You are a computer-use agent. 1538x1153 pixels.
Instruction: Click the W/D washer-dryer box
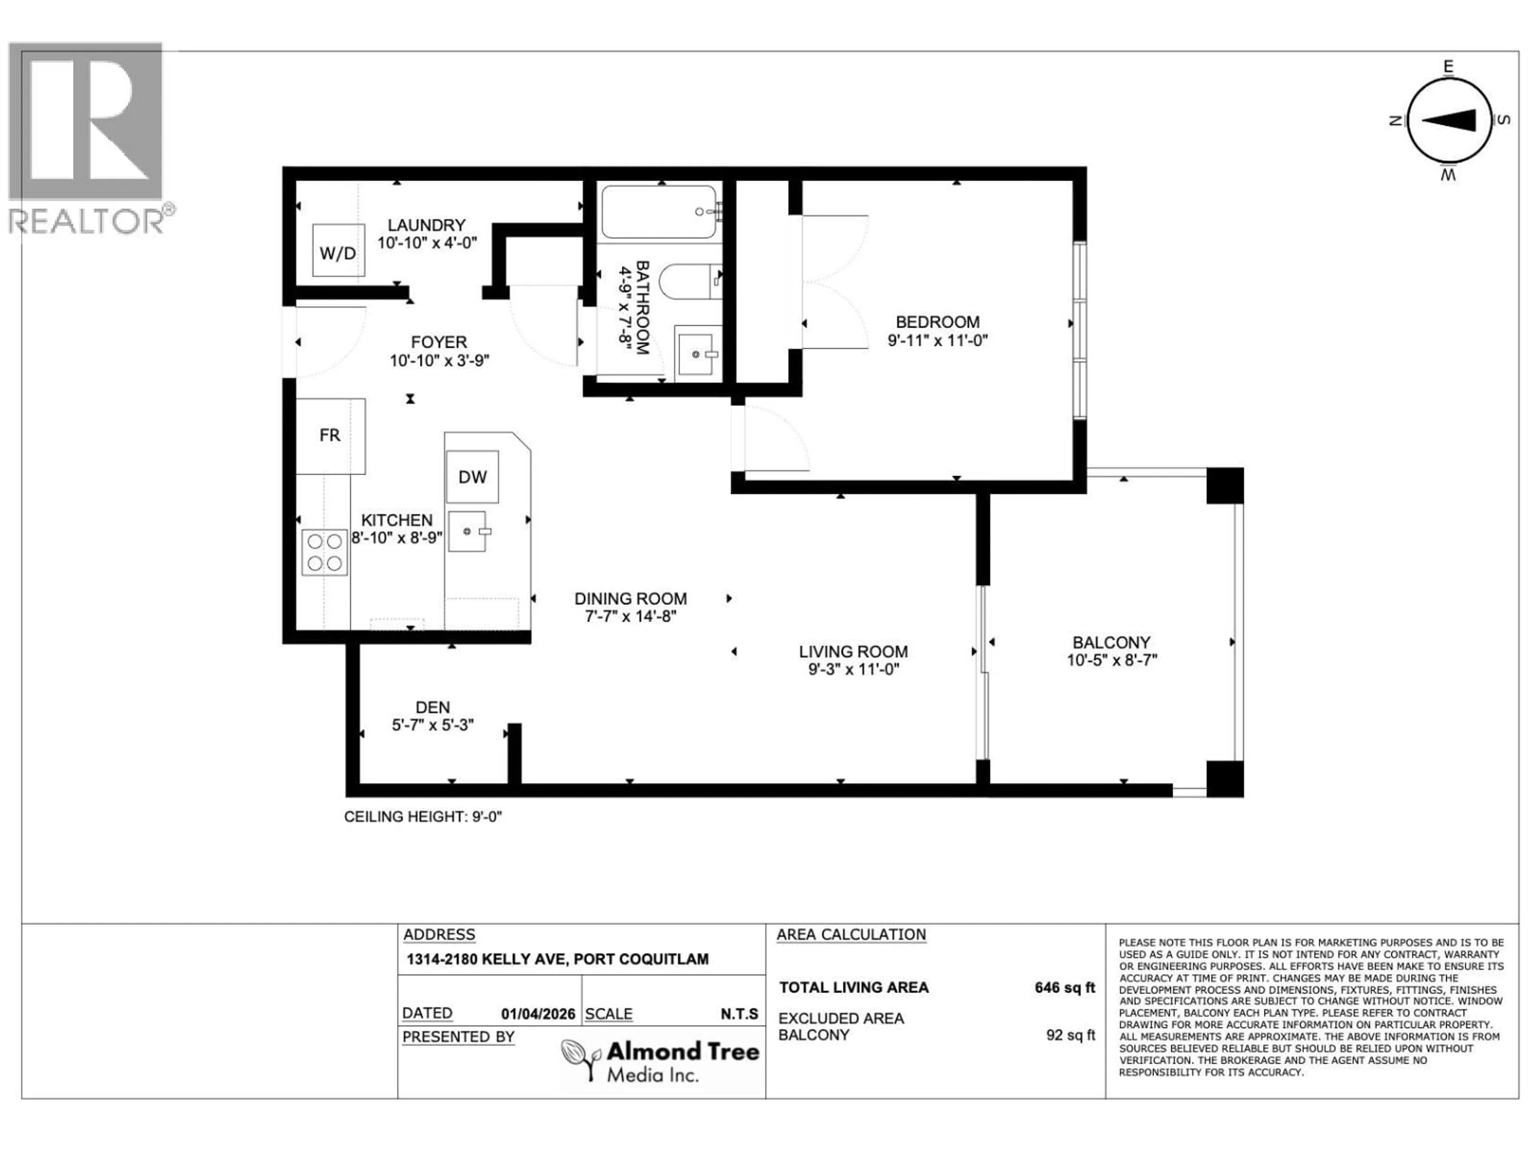[x=338, y=251]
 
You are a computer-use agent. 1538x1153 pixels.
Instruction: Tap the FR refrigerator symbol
[x=330, y=436]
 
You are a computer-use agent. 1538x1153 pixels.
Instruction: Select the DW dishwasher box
[x=472, y=477]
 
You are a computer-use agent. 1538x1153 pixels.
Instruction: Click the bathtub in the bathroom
[x=658, y=211]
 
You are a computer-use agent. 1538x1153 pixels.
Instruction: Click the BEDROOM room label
[x=937, y=322]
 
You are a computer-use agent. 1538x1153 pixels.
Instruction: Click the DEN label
[x=433, y=707]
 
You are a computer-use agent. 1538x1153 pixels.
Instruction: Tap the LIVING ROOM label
[x=853, y=652]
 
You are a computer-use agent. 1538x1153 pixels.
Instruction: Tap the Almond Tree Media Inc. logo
[x=660, y=1060]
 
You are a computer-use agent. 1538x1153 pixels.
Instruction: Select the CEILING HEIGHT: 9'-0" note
[x=423, y=817]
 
